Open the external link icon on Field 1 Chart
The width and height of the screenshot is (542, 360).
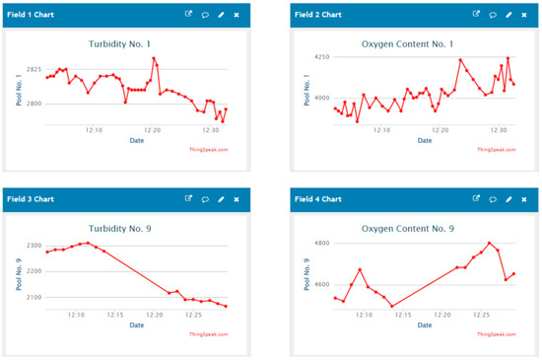tap(188, 15)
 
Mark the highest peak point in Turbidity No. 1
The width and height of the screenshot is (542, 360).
tap(154, 58)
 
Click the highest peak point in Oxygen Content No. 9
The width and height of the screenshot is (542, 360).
tap(489, 243)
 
